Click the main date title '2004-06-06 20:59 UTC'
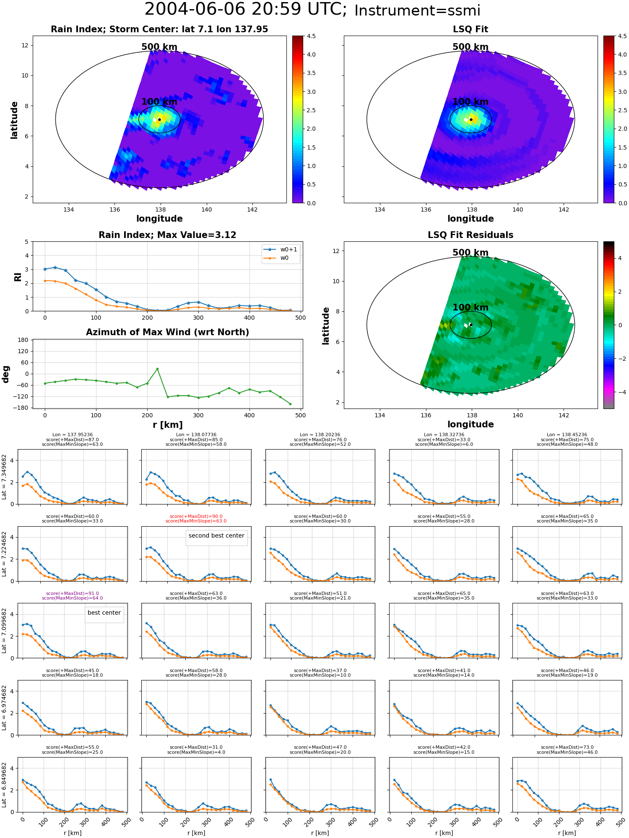pyautogui.click(x=245, y=10)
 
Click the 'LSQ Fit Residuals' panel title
pyautogui.click(x=470, y=235)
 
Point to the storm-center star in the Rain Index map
pyautogui.click(x=159, y=119)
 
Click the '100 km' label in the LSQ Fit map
pyautogui.click(x=470, y=102)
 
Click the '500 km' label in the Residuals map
pyautogui.click(x=470, y=253)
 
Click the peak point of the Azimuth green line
pyautogui.click(x=157, y=369)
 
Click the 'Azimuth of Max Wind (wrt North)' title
pyautogui.click(x=167, y=332)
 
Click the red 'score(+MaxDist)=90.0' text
pyautogui.click(x=196, y=516)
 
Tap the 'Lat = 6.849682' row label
pyautogui.click(x=4, y=785)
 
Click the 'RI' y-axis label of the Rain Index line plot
pyautogui.click(x=18, y=277)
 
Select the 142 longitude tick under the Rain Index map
pyautogui.click(x=252, y=209)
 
